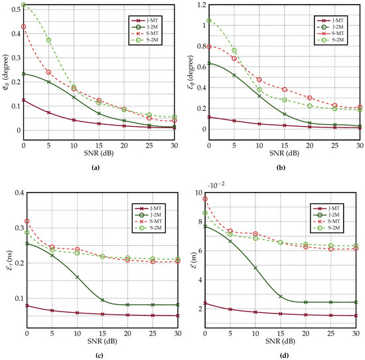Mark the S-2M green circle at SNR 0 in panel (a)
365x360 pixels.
pyautogui.click(x=24, y=5)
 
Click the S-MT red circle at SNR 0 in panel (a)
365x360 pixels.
pyautogui.click(x=24, y=27)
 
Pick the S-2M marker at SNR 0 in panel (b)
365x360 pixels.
pyautogui.click(x=209, y=21)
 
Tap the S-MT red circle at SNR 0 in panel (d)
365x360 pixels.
pyautogui.click(x=206, y=199)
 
